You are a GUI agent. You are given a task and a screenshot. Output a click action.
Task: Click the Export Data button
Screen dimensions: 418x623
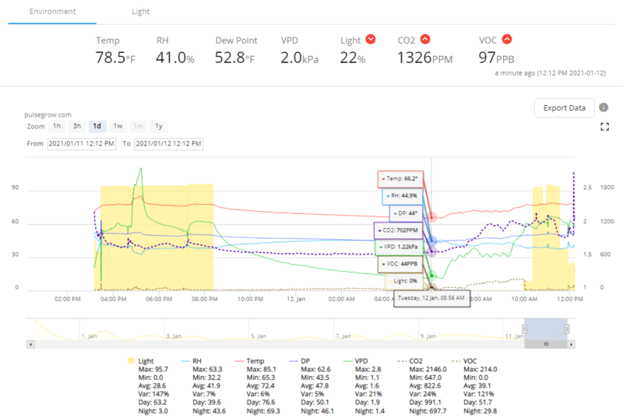[565, 108]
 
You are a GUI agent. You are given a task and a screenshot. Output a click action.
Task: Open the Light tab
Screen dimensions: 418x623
[140, 12]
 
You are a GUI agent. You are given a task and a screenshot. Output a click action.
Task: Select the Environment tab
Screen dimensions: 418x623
[53, 12]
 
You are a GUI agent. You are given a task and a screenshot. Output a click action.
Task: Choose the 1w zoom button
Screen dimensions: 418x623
[118, 126]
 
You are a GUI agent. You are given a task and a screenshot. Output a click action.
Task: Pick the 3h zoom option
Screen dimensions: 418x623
[77, 126]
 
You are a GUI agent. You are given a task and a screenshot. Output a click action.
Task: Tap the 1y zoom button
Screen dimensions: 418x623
[158, 126]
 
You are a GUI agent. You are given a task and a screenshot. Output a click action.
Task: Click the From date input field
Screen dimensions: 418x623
[82, 144]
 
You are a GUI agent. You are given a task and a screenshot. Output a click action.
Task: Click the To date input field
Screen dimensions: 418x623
[168, 144]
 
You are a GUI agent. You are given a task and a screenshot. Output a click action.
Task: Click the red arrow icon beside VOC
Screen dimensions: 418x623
[507, 40]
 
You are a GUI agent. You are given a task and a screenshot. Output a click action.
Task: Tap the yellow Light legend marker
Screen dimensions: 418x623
[130, 360]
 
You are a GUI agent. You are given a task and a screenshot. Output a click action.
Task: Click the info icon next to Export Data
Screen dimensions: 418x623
[604, 108]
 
